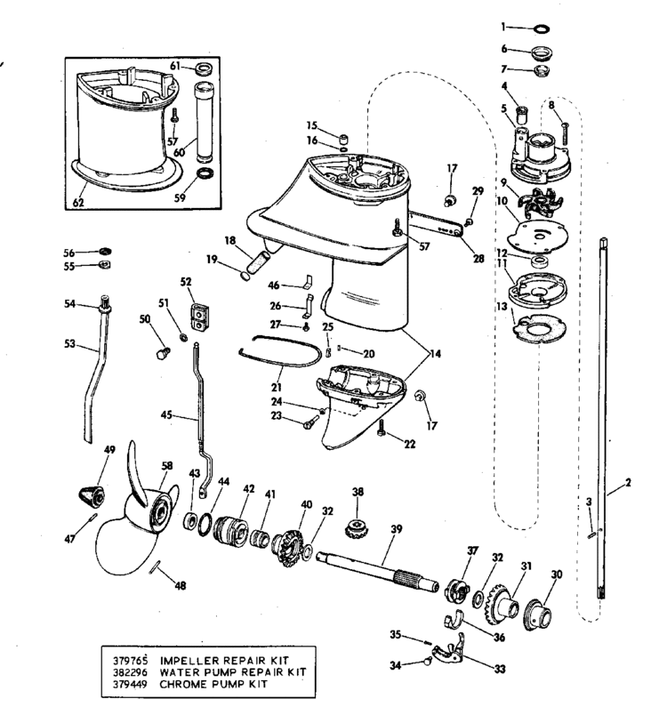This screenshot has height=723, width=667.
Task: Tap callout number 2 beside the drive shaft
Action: (x=628, y=484)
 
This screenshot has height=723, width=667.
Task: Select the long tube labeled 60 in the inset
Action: (x=204, y=116)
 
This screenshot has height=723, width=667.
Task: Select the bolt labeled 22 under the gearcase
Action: (x=382, y=429)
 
